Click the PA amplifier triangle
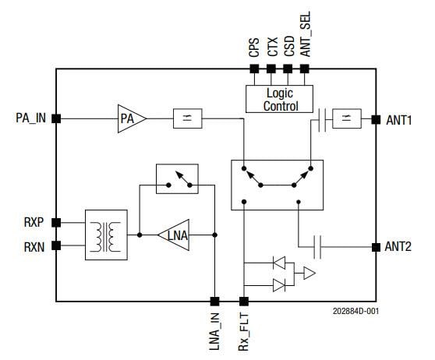point(130,118)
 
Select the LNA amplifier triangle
point(176,235)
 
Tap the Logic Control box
point(280,101)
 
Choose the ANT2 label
point(399,247)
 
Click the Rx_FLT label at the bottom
point(244,331)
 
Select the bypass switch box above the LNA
point(176,178)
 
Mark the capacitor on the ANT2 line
point(317,247)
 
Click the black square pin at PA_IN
point(56,118)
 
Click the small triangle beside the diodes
point(309,274)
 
